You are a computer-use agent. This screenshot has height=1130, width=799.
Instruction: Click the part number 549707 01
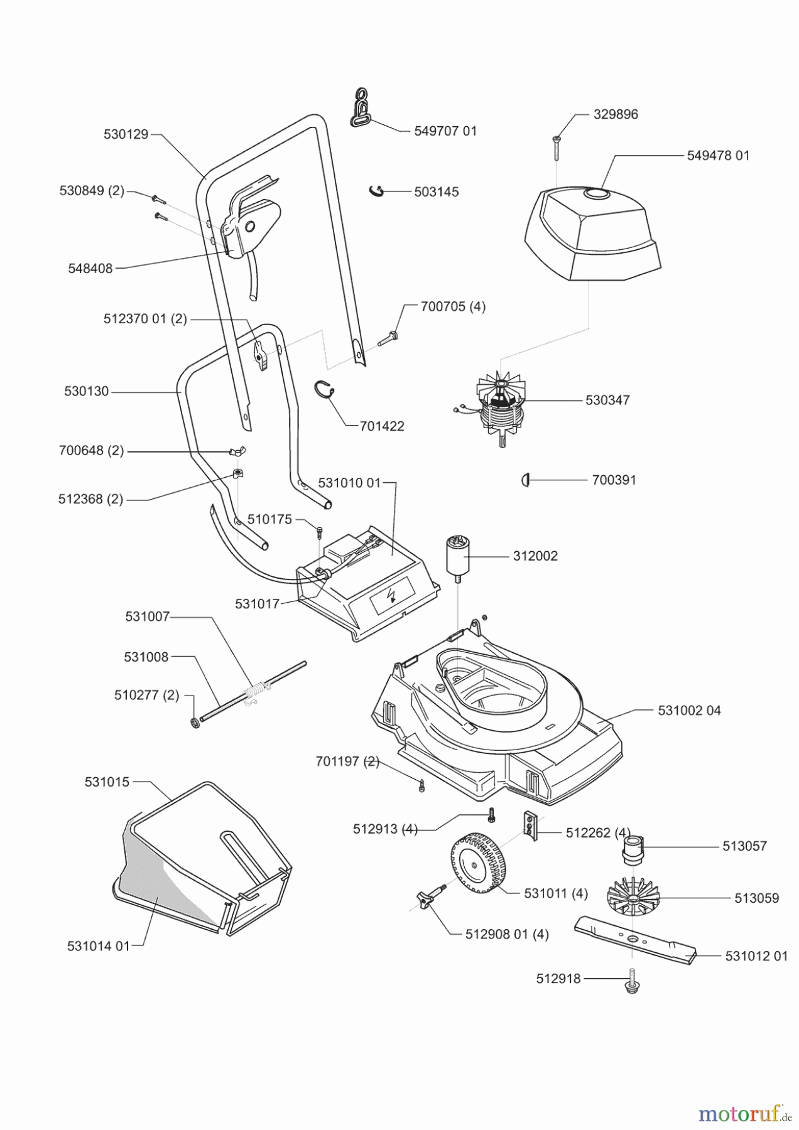[x=445, y=131]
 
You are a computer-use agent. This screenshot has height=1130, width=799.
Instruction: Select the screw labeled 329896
[x=557, y=146]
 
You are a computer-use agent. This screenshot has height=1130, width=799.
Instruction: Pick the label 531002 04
[x=689, y=711]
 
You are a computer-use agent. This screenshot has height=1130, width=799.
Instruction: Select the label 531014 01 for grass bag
[x=98, y=946]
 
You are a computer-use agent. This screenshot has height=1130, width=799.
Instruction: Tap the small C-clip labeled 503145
[x=376, y=190]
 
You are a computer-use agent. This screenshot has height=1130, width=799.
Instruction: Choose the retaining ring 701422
[x=323, y=389]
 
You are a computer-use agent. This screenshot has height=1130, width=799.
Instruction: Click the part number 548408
[x=90, y=268]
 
